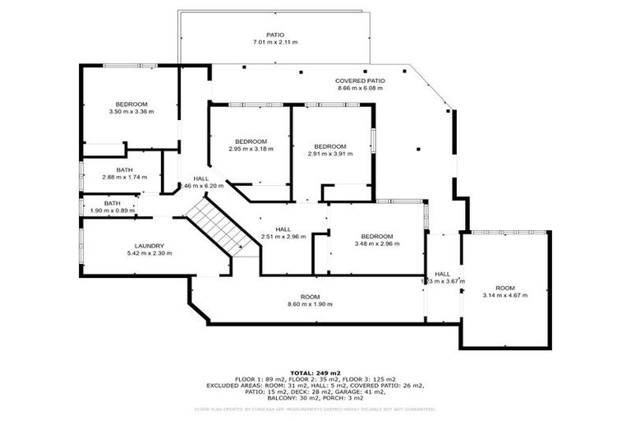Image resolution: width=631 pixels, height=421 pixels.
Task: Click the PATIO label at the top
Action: [x=274, y=35]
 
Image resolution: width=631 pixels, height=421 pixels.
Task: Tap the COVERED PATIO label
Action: [x=360, y=81]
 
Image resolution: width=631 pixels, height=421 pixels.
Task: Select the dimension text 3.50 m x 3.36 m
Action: [x=131, y=112]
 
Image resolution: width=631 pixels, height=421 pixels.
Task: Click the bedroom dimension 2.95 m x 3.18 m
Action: [x=251, y=149]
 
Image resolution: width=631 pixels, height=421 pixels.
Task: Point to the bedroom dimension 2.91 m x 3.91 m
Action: [x=330, y=154]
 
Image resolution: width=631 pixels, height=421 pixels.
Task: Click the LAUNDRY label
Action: [x=150, y=246]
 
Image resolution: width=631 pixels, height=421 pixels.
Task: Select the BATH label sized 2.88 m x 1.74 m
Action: [x=124, y=170]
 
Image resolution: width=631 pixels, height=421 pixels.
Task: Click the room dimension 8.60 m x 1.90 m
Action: [x=310, y=304]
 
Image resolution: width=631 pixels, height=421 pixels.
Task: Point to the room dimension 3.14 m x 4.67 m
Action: [x=505, y=295]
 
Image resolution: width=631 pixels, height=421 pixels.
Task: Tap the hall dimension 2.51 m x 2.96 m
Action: [x=283, y=236]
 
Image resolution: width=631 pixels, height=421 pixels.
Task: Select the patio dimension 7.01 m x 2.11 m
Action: [x=274, y=42]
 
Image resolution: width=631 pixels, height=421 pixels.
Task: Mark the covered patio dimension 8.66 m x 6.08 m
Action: [x=360, y=88]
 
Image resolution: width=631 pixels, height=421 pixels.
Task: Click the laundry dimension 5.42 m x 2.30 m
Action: [x=150, y=253]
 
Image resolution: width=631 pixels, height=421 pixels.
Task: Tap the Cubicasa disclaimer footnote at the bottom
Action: [x=315, y=409]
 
